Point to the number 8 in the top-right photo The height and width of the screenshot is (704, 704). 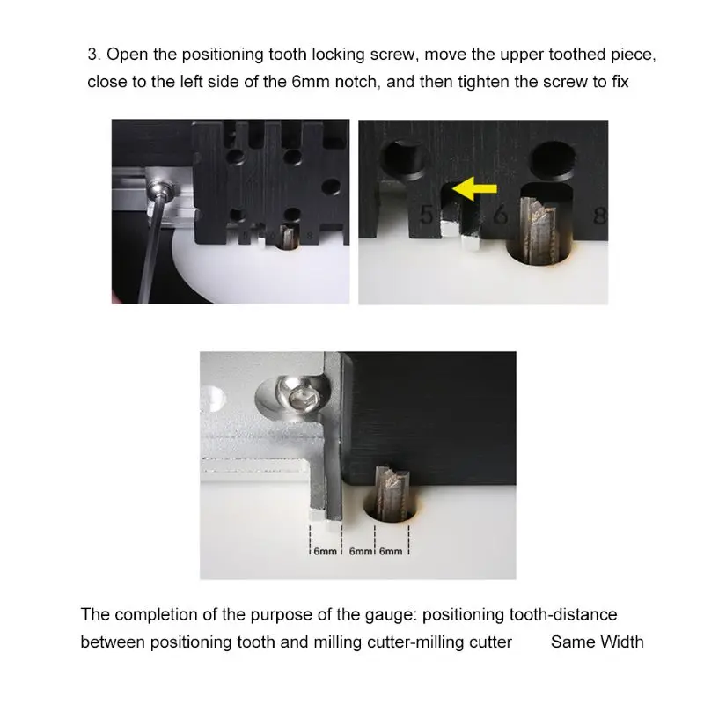click(x=598, y=215)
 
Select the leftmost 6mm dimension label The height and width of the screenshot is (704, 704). click(x=325, y=552)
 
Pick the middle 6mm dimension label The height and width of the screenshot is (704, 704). click(x=361, y=552)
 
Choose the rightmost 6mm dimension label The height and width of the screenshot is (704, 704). click(x=391, y=552)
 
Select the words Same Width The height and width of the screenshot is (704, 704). click(x=597, y=642)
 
